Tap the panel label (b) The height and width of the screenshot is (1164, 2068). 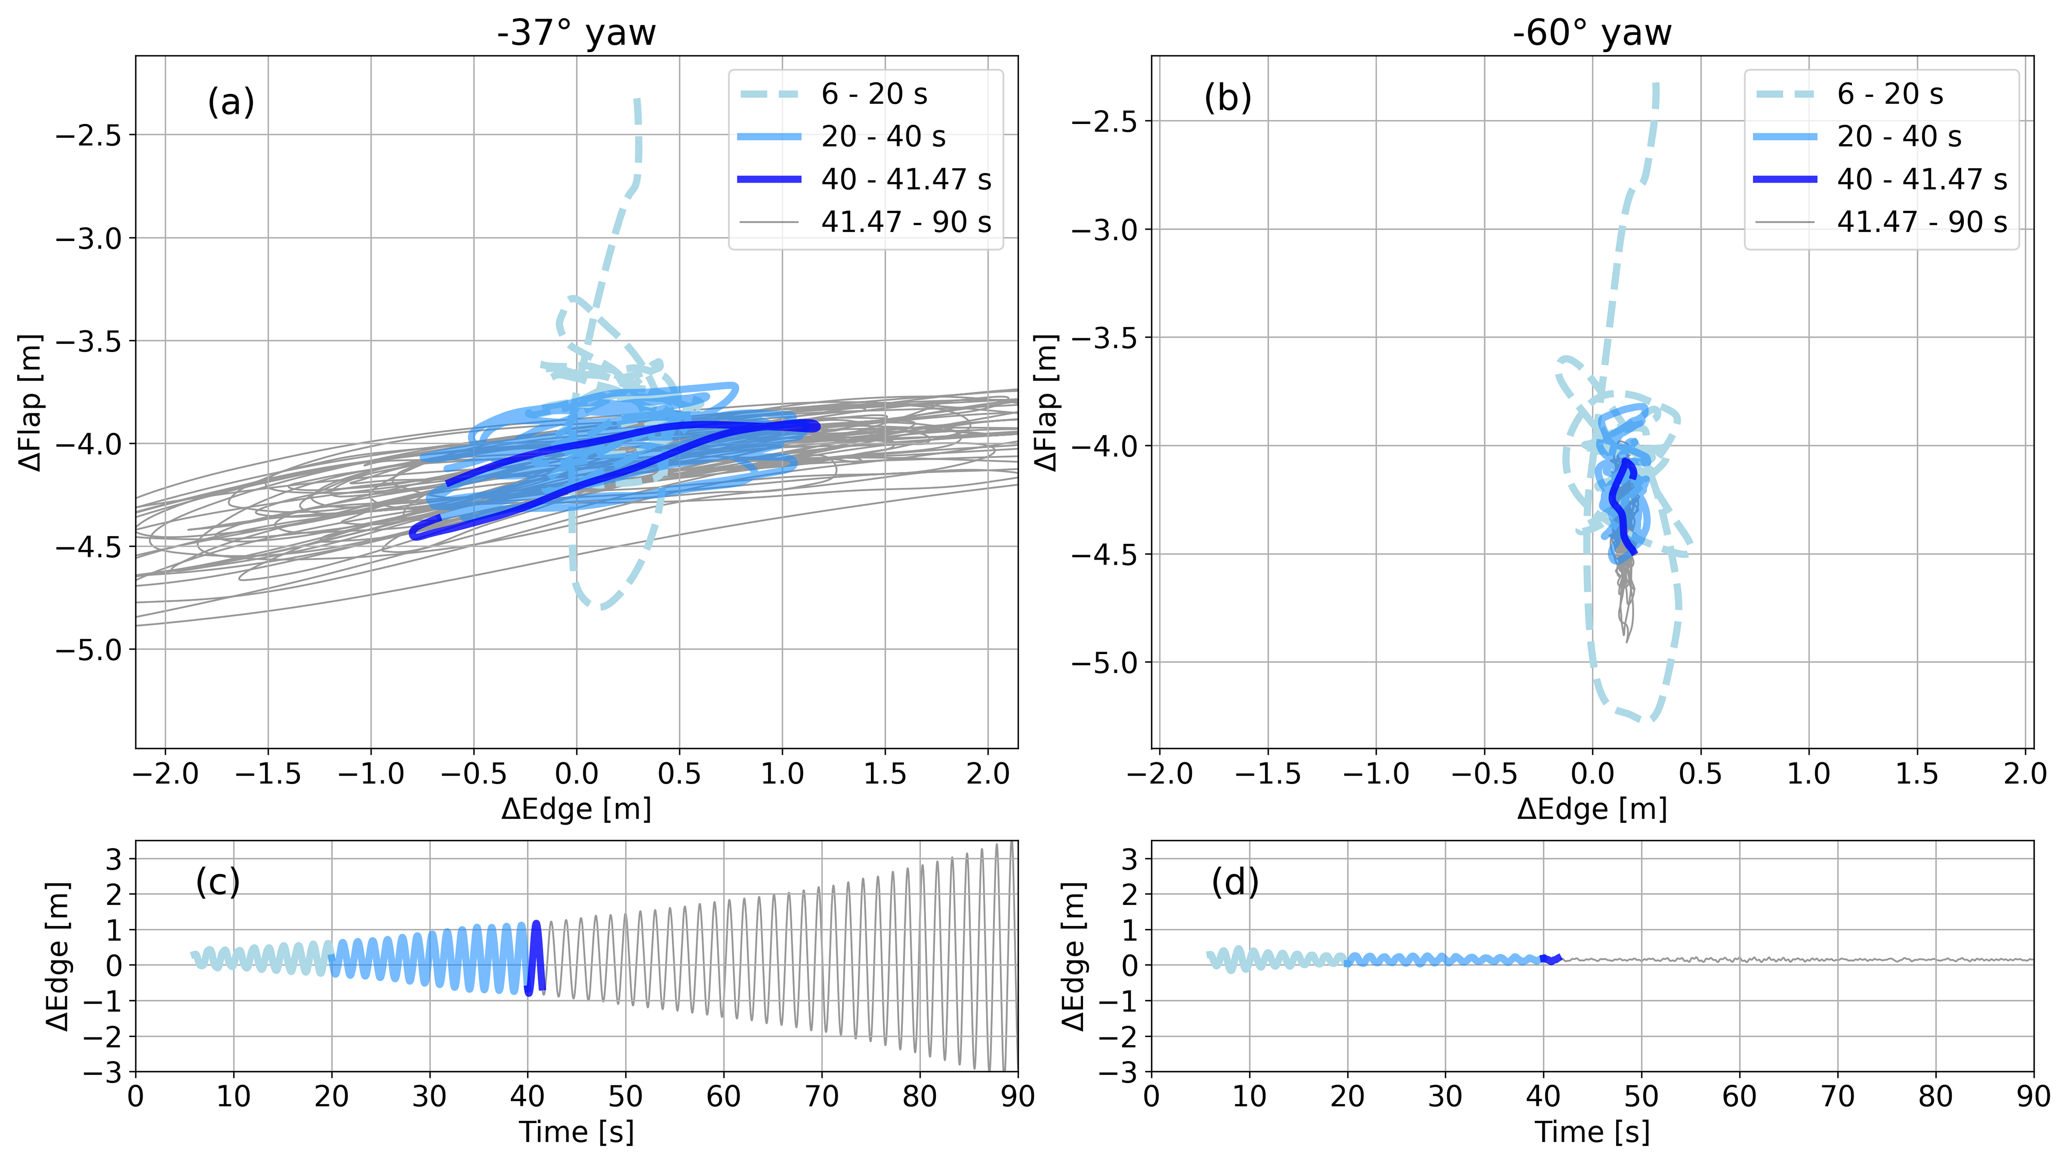pyautogui.click(x=1228, y=97)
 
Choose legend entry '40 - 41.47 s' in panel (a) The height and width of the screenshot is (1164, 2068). pyautogui.click(x=905, y=179)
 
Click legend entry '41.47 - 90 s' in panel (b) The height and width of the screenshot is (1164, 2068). pyautogui.click(x=1921, y=222)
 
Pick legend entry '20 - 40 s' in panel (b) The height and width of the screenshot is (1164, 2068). pyautogui.click(x=1899, y=137)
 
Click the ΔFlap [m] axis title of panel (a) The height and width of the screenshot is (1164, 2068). pyautogui.click(x=30, y=401)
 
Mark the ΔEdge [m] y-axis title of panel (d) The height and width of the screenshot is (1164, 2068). pyautogui.click(x=1073, y=955)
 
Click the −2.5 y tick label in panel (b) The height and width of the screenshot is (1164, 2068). pyautogui.click(x=1104, y=121)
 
